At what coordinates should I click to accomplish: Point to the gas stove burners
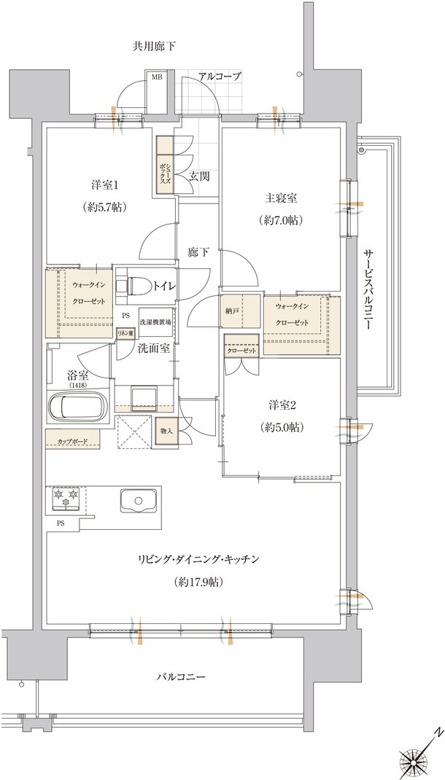[x=66, y=498]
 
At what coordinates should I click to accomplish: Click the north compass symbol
[x=418, y=755]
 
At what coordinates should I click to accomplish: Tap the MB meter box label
[x=157, y=77]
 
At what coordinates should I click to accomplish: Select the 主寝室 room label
[x=281, y=198]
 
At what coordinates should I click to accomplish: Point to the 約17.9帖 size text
[x=198, y=581]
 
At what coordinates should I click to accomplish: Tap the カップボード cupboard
[x=73, y=441]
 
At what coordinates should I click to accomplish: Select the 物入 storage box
[x=167, y=431]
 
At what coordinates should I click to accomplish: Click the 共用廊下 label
[x=154, y=47]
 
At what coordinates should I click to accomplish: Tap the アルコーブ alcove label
[x=220, y=77]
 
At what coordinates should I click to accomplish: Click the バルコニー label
[x=181, y=677]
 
